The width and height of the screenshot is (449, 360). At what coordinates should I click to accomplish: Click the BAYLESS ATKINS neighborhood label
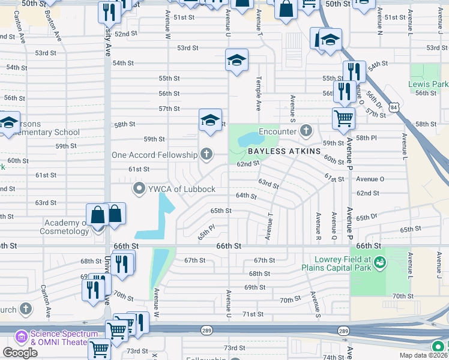pos(285,151)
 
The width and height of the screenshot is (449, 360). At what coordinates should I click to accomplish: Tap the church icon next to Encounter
pos(306,130)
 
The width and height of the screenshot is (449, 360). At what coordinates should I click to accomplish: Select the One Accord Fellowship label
pos(155,155)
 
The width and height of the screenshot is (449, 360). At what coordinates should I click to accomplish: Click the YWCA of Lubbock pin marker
pos(139,190)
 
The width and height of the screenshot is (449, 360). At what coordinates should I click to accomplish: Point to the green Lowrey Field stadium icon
pos(379,262)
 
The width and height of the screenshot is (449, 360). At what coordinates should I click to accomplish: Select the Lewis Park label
pos(429,85)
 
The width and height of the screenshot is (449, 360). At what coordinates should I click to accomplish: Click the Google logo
pos(20,353)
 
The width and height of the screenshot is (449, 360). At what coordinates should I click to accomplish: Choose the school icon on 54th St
pos(237,59)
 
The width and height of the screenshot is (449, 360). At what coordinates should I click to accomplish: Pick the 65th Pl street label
pos(206,230)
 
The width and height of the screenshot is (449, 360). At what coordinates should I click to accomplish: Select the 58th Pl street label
pos(366,138)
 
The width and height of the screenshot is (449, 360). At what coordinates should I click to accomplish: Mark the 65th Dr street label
pos(366,217)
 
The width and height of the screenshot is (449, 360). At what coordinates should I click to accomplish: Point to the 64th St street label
pos(246,196)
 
